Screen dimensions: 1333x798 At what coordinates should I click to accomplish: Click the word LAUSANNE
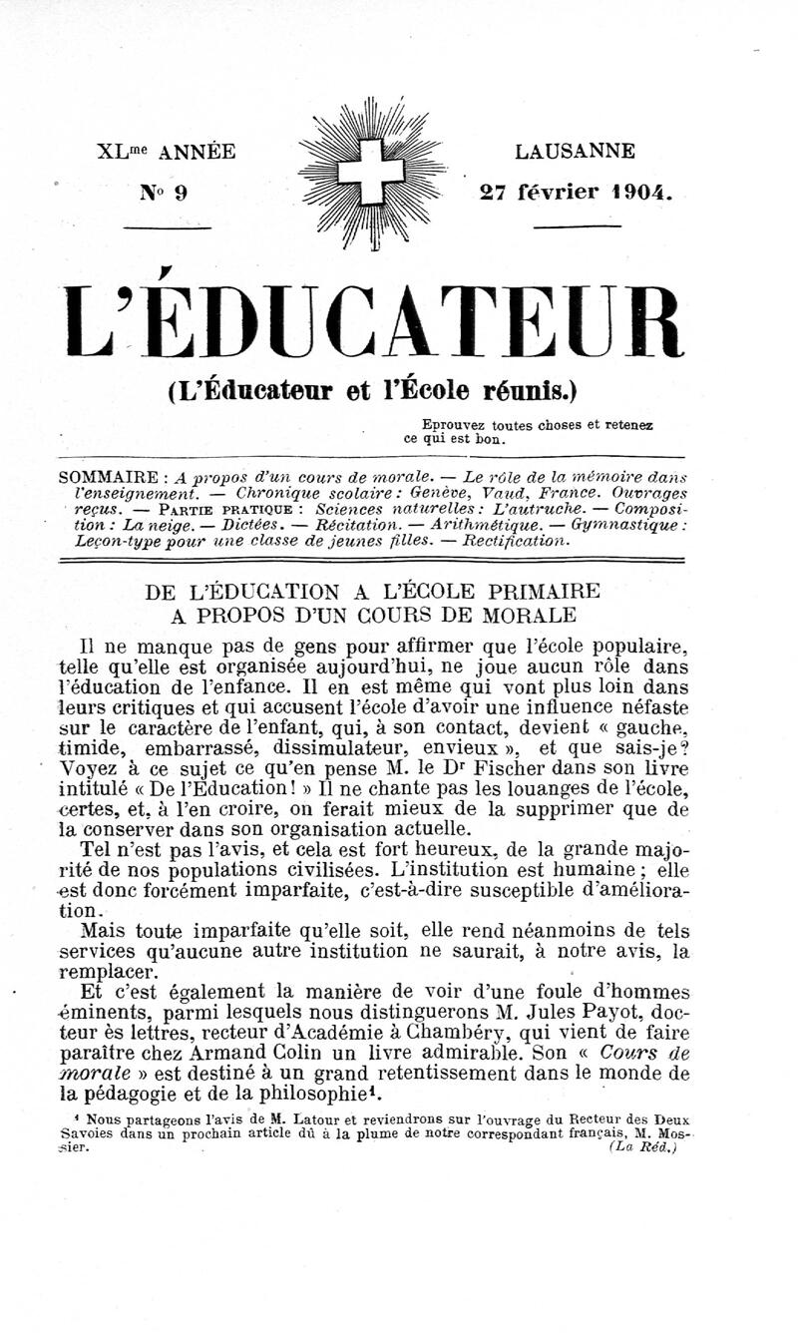tap(575, 153)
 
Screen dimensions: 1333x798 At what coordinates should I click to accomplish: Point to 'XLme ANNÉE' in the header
tap(166, 153)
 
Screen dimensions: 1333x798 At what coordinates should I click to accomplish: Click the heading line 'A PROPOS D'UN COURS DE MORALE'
tap(373, 614)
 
